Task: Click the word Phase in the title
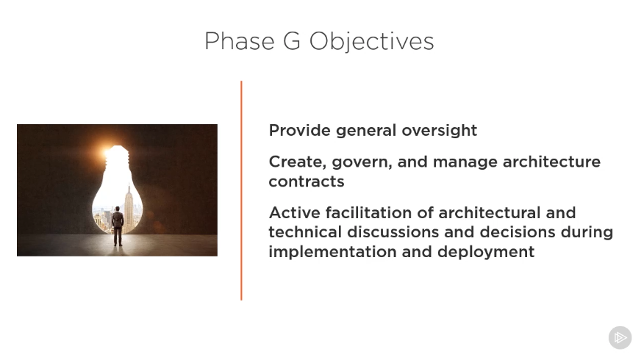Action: point(240,41)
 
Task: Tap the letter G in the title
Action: point(292,41)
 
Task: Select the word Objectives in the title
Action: point(371,42)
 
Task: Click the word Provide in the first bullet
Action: point(299,131)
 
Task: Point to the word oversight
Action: point(439,131)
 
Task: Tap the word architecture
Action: point(551,162)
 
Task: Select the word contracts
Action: point(307,181)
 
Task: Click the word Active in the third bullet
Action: point(295,212)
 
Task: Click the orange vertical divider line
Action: point(241,190)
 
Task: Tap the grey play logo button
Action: point(620,338)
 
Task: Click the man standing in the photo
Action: point(118,226)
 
